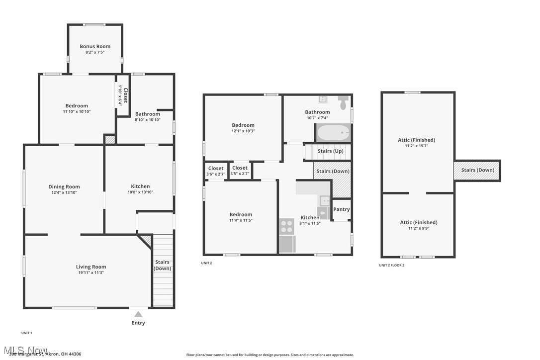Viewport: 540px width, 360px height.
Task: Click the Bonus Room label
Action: (95, 46)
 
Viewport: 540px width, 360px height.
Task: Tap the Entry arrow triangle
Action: (138, 314)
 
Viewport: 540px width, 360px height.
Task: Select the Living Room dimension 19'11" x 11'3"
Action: (90, 272)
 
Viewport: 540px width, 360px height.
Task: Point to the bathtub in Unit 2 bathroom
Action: (334, 133)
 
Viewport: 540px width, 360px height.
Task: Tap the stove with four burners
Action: (287, 226)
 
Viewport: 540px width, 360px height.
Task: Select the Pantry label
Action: (341, 209)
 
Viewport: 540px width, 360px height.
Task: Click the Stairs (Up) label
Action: (331, 151)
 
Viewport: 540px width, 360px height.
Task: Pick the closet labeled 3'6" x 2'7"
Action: (216, 171)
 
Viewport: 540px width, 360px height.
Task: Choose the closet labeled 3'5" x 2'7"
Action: (240, 171)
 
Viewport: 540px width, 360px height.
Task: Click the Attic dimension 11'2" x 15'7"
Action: (417, 146)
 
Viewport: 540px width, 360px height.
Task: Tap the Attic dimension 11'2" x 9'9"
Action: (419, 228)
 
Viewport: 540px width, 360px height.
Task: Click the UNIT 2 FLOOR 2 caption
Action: (392, 266)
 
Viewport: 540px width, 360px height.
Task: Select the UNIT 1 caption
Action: (27, 333)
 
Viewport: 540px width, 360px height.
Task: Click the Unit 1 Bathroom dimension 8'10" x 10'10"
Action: (148, 120)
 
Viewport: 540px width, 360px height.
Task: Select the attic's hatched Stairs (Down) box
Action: (477, 171)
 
